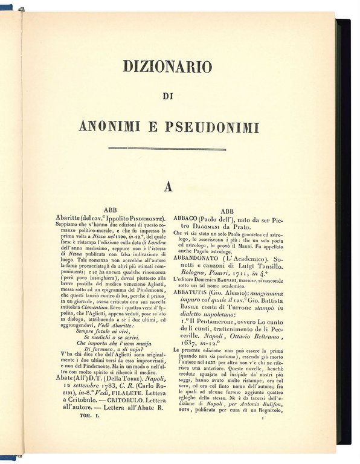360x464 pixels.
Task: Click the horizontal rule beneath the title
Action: (168, 148)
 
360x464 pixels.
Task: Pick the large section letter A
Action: (169, 188)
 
